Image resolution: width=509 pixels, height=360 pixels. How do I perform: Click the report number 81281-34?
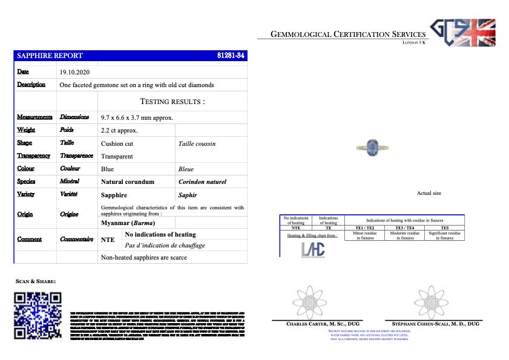coord(230,56)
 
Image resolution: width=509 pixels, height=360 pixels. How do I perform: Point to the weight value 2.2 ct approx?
coord(119,130)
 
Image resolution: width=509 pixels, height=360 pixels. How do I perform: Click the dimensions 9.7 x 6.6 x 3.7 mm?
coord(137,117)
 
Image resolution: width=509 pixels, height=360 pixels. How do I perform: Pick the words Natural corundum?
coord(128,182)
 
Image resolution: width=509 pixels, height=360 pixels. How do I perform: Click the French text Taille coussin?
coord(197,144)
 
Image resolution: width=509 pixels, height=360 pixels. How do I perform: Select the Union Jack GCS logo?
coord(462,33)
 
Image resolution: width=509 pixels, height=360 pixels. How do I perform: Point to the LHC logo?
coord(313,249)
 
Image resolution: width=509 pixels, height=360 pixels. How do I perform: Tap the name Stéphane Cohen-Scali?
coord(432,324)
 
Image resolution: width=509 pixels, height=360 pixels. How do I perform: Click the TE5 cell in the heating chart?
coord(445,227)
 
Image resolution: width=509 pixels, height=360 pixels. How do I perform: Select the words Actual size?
coord(429,193)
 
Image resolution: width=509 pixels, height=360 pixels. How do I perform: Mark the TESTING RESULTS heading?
coord(172,102)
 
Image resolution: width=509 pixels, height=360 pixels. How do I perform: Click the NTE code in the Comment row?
coord(107,240)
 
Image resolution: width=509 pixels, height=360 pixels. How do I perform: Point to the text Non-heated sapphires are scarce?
coord(144,257)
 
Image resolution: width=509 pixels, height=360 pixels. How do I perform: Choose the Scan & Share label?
coord(36,281)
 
